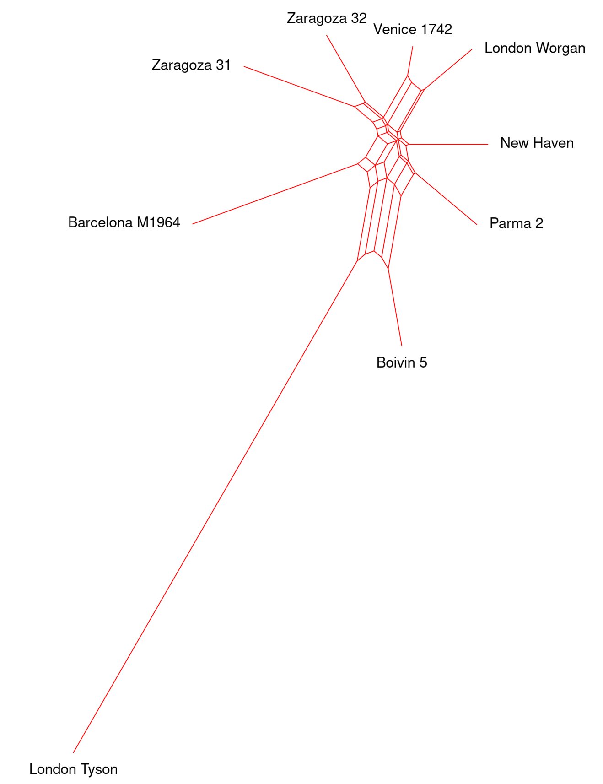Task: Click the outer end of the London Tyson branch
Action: point(73,752)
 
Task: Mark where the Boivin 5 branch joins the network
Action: point(388,268)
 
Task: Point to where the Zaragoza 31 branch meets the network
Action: point(355,107)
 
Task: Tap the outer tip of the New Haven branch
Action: point(488,144)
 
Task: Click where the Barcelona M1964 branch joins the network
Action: point(358,163)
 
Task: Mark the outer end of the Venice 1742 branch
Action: point(413,46)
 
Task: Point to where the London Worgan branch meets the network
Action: point(423,90)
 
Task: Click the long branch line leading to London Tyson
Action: point(215,506)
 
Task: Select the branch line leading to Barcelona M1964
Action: point(275,194)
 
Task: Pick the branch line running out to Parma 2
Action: point(446,199)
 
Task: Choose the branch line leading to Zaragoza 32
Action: point(345,68)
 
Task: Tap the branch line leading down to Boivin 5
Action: point(395,307)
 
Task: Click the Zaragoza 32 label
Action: point(327,18)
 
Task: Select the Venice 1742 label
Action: point(413,29)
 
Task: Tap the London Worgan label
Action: point(535,48)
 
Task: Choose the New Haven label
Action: point(537,143)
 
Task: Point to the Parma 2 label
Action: point(516,223)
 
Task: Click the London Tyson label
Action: point(73,769)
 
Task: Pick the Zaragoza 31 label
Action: point(191,65)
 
